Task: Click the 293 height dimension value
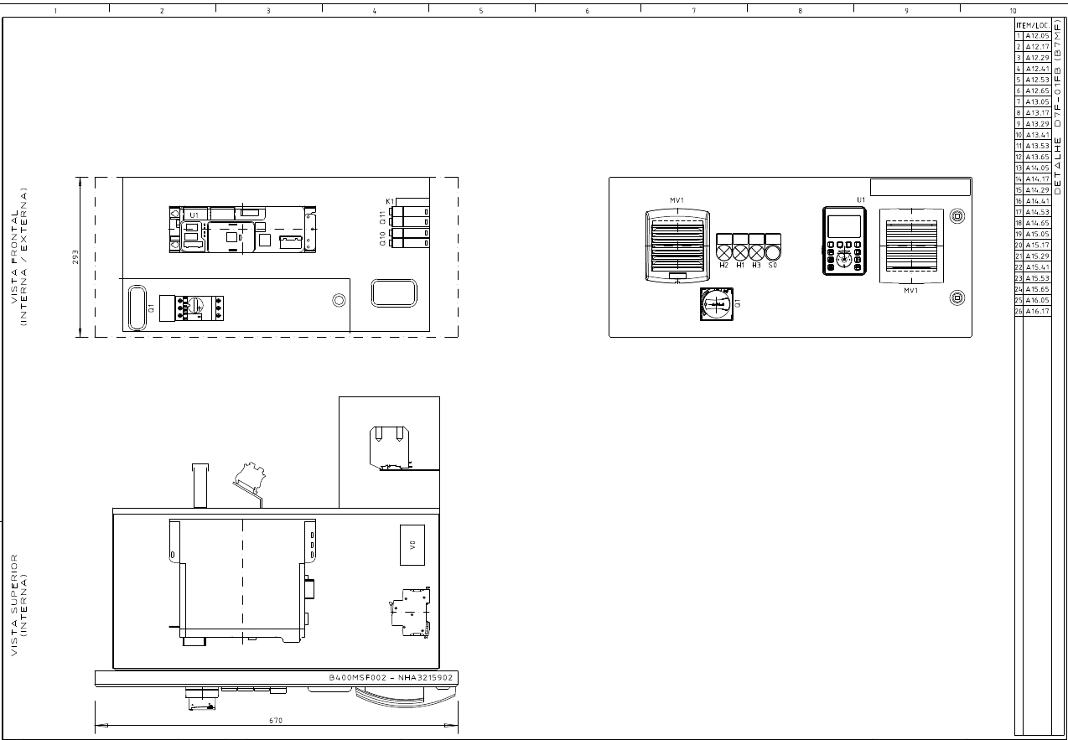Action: pyautogui.click(x=75, y=256)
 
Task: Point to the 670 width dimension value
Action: pyautogui.click(x=276, y=721)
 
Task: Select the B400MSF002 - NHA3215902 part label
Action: pyautogui.click(x=391, y=677)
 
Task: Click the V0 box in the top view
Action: pyautogui.click(x=412, y=545)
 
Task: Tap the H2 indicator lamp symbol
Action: pyautogui.click(x=724, y=251)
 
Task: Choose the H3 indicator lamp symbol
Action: pyautogui.click(x=756, y=251)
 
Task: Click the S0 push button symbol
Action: pyautogui.click(x=773, y=251)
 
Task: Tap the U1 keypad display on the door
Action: pyautogui.click(x=844, y=241)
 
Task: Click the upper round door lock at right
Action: pyautogui.click(x=956, y=216)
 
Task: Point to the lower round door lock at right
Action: pyautogui.click(x=956, y=298)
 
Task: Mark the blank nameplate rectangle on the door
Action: pyautogui.click(x=920, y=187)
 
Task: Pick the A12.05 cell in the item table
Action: pyautogui.click(x=1037, y=36)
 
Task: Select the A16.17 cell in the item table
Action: pyautogui.click(x=1037, y=311)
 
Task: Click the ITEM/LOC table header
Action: pyautogui.click(x=1033, y=25)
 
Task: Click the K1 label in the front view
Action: pyautogui.click(x=390, y=202)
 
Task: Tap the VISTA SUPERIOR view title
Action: pyautogui.click(x=19, y=603)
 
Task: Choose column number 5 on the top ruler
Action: pyautogui.click(x=481, y=11)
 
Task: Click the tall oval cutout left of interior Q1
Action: pyautogui.click(x=135, y=307)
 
